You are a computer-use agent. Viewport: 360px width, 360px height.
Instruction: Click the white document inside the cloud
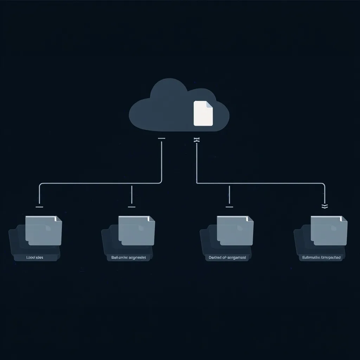[x=203, y=113]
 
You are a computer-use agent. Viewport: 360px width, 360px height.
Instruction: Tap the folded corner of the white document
[x=210, y=104]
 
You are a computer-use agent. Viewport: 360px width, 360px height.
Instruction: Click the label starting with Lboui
[x=35, y=257]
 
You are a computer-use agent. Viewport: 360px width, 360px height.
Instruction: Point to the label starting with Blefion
[x=128, y=257]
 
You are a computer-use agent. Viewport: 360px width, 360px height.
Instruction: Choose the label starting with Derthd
[x=227, y=257]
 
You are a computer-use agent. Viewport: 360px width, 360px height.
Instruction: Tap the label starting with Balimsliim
[x=321, y=257]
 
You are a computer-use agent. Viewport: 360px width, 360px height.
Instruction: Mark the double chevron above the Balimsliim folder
[x=325, y=207]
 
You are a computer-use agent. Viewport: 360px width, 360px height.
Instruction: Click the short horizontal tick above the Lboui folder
[x=39, y=207]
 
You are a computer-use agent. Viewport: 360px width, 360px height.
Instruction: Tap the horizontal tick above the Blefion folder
[x=132, y=207]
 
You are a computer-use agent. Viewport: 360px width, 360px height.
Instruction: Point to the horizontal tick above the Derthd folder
[x=229, y=207]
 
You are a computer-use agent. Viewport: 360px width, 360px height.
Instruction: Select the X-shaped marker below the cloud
[x=197, y=140]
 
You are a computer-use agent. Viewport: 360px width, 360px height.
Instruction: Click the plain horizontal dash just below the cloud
[x=162, y=139]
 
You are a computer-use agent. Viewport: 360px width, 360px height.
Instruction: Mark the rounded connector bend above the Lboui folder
[x=40, y=185]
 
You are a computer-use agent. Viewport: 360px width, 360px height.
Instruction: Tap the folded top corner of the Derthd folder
[x=250, y=219]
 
